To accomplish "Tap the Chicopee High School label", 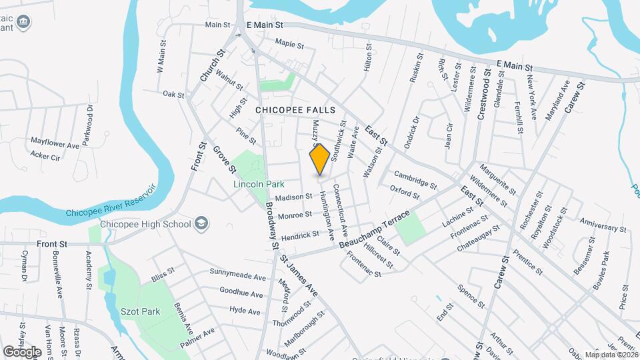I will point(146,224).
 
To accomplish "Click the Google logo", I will point(22,351).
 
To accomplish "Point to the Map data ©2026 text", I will point(611,355).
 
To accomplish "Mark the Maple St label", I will point(289,45).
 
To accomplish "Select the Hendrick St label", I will point(300,236).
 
